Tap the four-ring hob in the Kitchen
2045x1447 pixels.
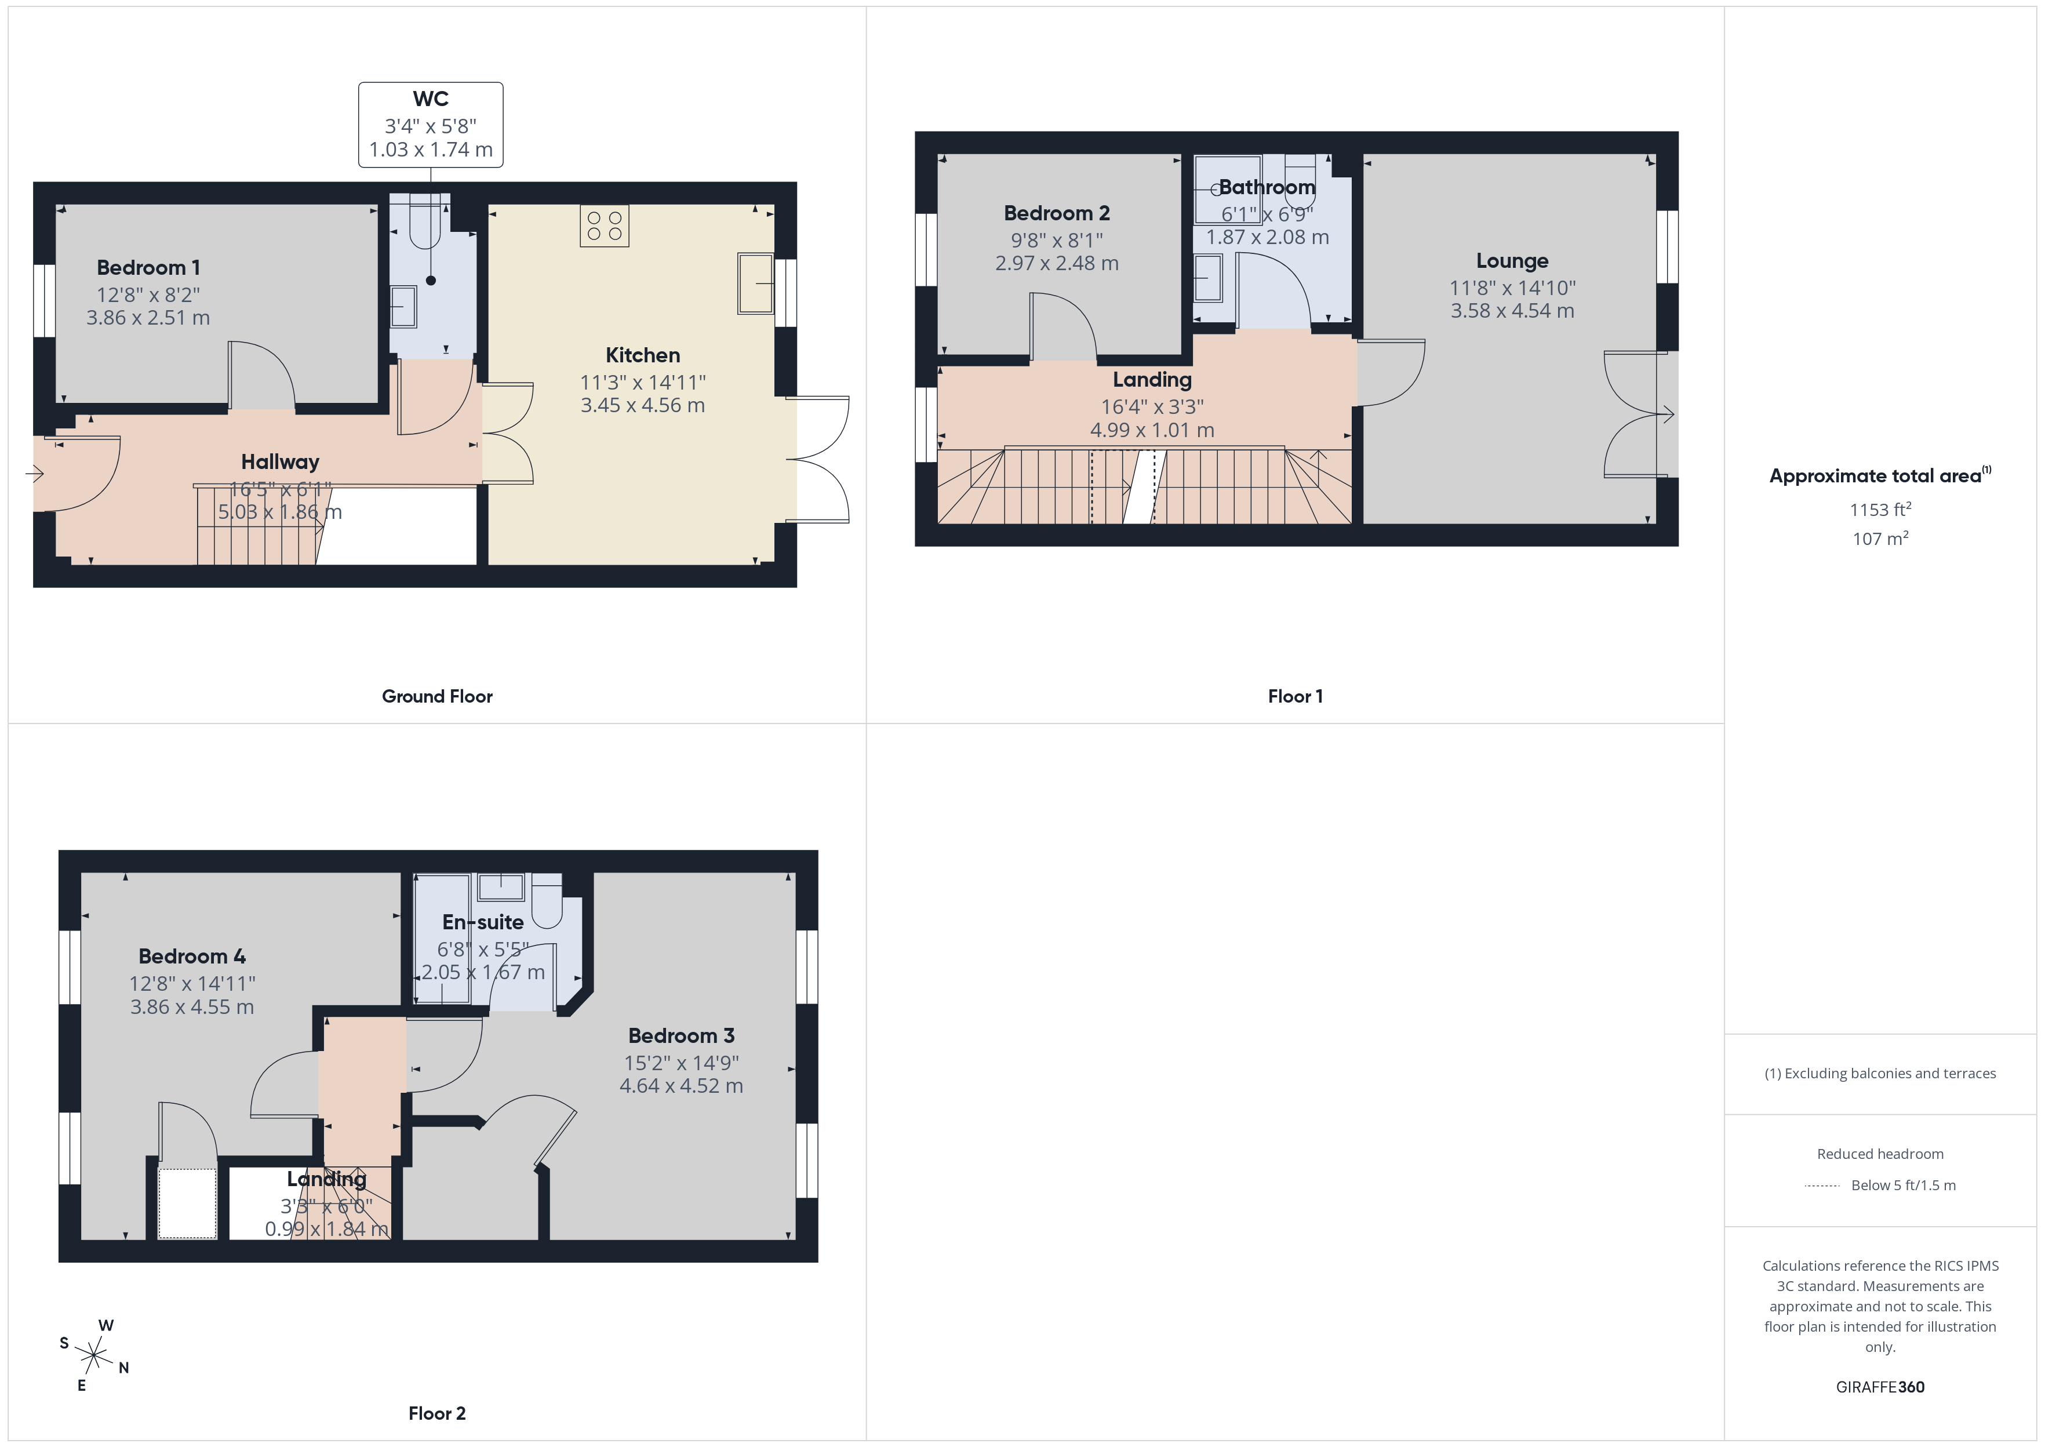click(604, 226)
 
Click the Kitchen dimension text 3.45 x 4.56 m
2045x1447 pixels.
click(642, 405)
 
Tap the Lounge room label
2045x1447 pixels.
click(1512, 261)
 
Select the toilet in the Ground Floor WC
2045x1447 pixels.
click(425, 227)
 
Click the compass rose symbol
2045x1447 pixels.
click(93, 1355)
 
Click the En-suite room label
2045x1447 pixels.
click(483, 922)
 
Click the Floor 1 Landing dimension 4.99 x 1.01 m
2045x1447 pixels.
click(1152, 430)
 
